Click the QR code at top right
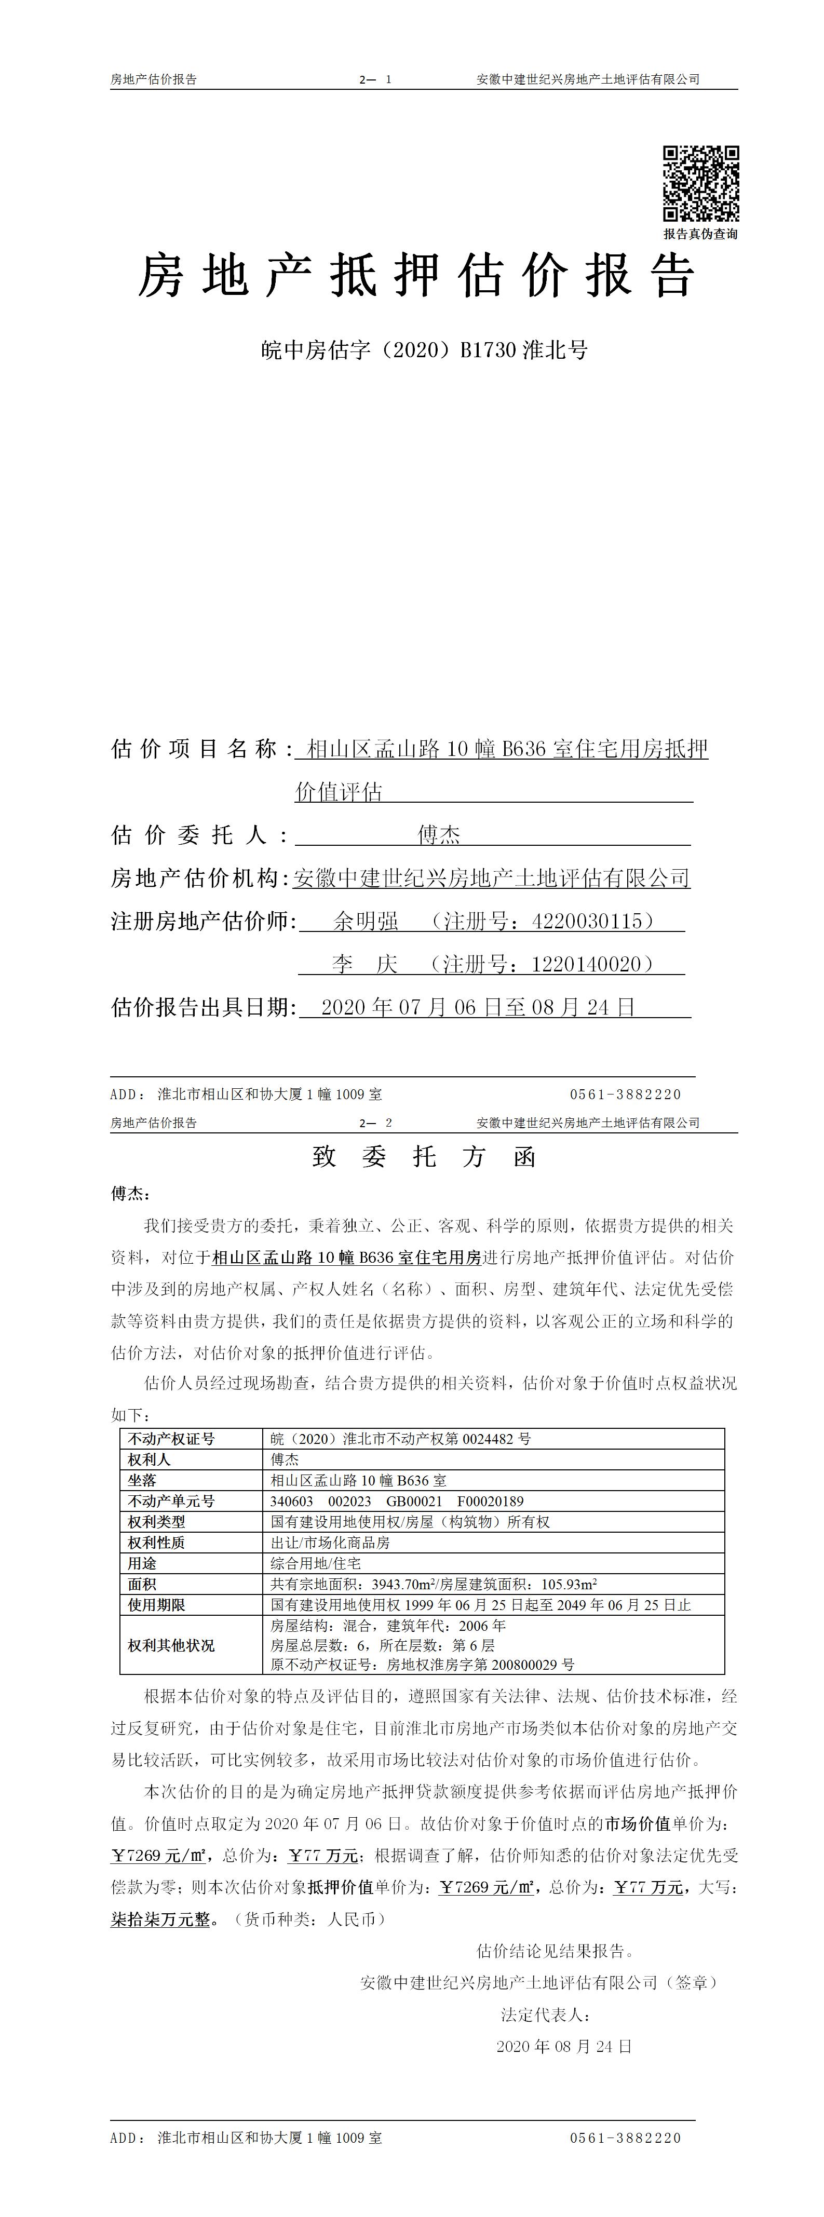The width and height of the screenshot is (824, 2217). click(700, 183)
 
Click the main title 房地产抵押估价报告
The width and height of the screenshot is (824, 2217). click(417, 277)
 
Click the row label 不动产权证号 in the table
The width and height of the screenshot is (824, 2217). click(171, 1438)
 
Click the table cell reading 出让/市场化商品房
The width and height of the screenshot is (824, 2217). click(331, 1542)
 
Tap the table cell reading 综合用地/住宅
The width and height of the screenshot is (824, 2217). click(316, 1563)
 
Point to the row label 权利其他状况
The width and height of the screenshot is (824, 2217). click(171, 1645)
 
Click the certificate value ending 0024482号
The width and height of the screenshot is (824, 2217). click(401, 1438)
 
